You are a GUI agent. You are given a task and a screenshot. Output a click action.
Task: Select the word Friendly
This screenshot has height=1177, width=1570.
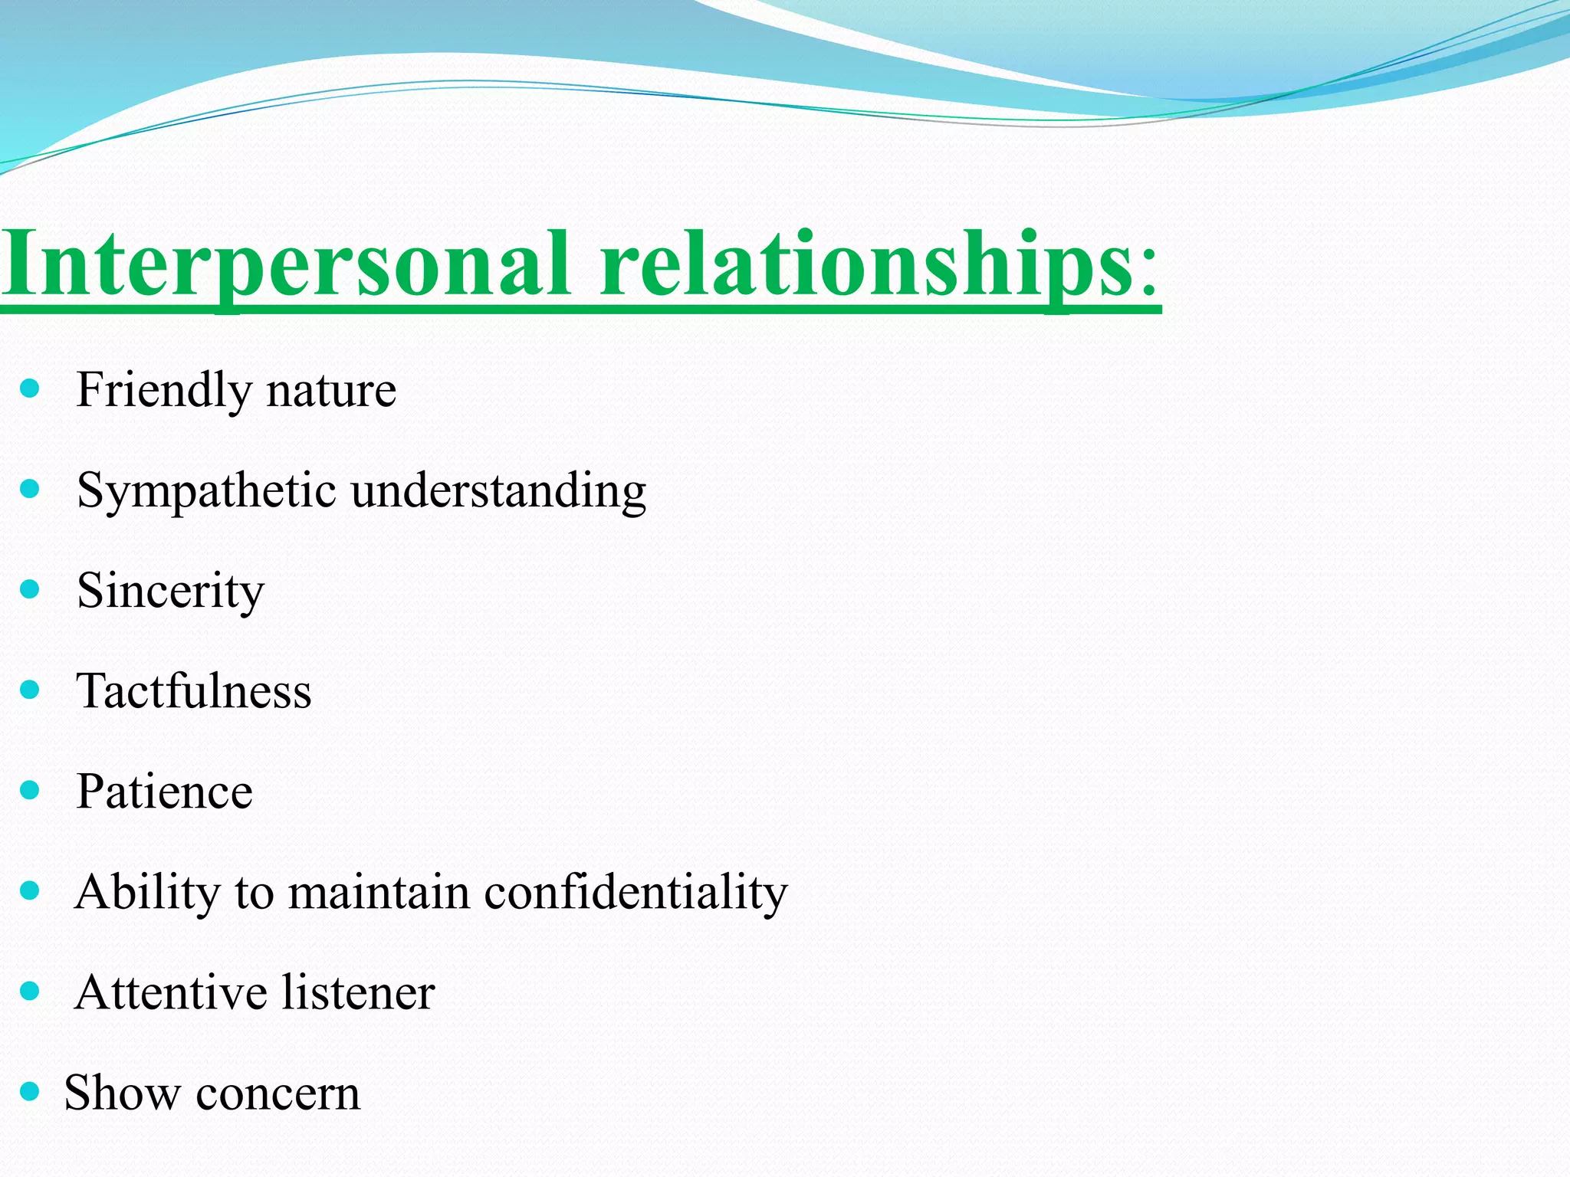coord(163,391)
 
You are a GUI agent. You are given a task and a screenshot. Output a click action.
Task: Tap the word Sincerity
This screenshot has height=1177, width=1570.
coord(170,592)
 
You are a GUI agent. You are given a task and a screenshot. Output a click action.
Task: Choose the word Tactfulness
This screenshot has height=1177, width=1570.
coord(194,691)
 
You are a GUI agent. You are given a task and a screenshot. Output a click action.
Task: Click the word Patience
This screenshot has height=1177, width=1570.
coord(164,792)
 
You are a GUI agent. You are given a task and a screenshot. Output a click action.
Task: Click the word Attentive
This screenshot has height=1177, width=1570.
coord(170,993)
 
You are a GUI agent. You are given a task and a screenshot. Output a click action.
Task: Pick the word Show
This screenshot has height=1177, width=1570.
coord(122,1093)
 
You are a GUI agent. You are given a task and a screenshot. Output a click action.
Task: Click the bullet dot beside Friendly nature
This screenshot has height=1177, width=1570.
coord(30,389)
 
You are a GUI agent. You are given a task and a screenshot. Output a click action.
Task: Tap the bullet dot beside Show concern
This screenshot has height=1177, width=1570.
coord(30,1091)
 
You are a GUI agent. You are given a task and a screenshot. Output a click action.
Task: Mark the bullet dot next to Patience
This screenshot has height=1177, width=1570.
coord(30,790)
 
